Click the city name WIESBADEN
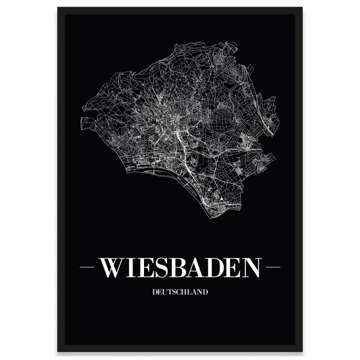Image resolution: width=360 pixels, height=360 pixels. pyautogui.click(x=180, y=268)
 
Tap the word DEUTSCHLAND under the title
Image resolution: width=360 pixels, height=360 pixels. pyautogui.click(x=180, y=293)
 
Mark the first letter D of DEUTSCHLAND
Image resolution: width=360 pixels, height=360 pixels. pyautogui.click(x=155, y=293)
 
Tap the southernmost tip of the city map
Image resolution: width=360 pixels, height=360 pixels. pyautogui.click(x=211, y=217)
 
